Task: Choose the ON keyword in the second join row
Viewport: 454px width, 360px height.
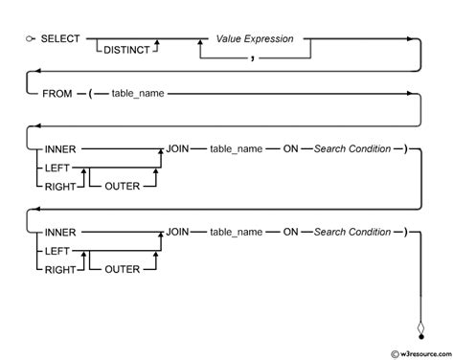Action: pyautogui.click(x=289, y=232)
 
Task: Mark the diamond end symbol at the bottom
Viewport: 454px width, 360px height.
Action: pyautogui.click(x=420, y=330)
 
